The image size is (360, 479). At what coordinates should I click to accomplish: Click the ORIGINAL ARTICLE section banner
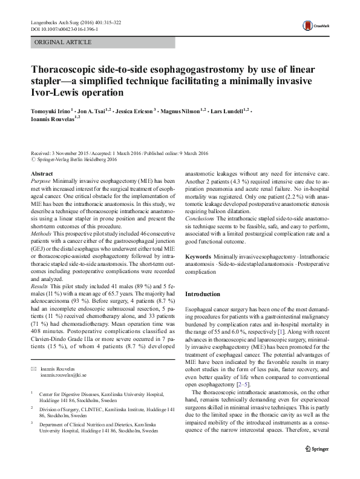pos(64,42)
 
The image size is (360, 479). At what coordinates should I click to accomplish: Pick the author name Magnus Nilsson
pos(181,111)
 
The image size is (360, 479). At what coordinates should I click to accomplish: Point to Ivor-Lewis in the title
pos(55,93)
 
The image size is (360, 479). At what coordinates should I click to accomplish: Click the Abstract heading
pos(41,174)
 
